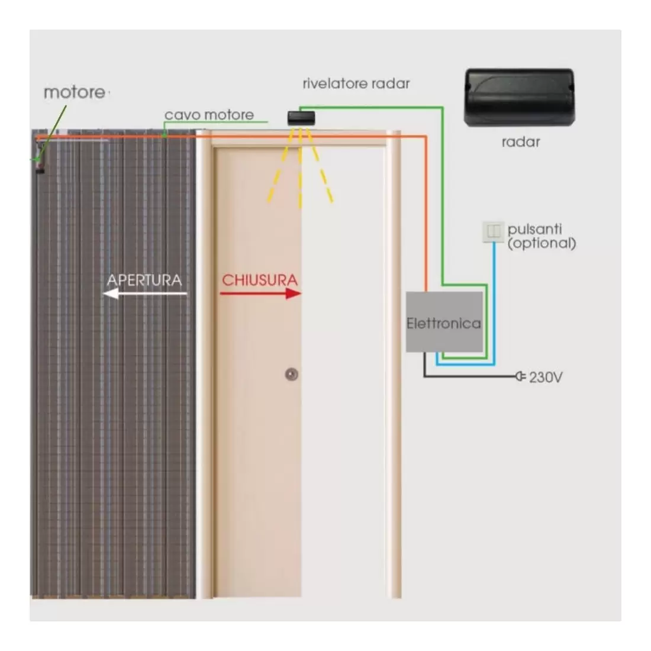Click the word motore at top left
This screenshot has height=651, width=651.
click(x=74, y=92)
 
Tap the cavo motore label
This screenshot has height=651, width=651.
click(x=209, y=115)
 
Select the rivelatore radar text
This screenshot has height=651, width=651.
click(x=356, y=83)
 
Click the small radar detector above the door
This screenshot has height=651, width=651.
click(x=301, y=117)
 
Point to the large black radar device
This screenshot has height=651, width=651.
click(x=519, y=98)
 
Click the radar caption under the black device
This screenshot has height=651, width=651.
click(x=520, y=142)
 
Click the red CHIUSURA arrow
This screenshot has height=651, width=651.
click(x=261, y=294)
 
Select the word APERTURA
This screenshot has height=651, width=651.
click(x=144, y=279)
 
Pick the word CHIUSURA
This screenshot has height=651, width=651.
click(x=259, y=279)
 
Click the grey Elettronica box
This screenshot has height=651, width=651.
click(x=444, y=322)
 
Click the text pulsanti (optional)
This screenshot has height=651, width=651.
click(x=541, y=236)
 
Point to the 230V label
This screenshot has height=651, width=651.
click(x=545, y=376)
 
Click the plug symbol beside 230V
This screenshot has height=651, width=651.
click(x=520, y=376)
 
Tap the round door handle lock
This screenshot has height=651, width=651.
click(x=291, y=374)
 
